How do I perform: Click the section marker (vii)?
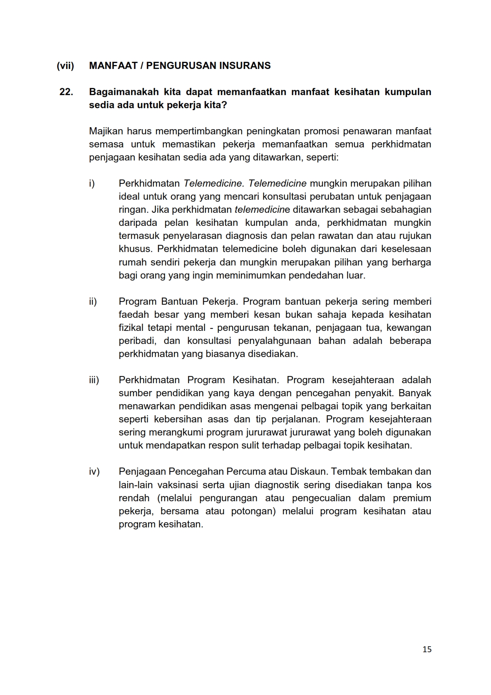(x=65, y=66)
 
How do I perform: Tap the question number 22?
(x=66, y=92)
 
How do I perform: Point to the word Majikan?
(x=106, y=131)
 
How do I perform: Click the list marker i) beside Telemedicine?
(x=92, y=183)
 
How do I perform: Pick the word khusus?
(x=135, y=249)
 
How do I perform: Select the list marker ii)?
(x=93, y=302)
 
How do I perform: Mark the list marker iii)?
(x=94, y=380)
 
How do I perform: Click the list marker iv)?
(x=94, y=472)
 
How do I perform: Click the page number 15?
(x=427, y=649)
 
